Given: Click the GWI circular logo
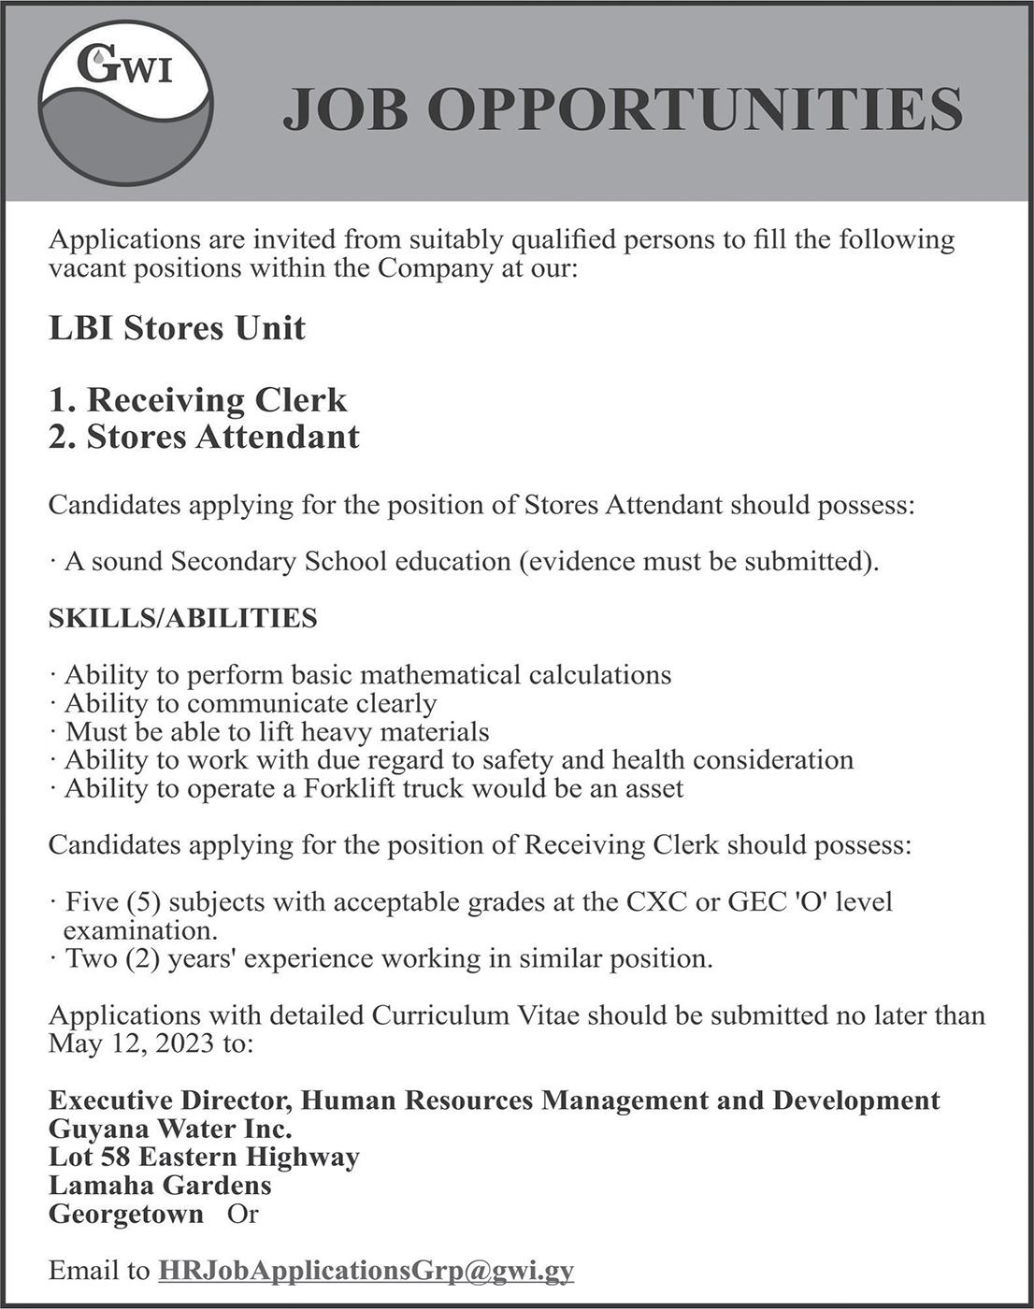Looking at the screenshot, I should point(125,103).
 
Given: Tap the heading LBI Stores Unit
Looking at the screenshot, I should point(177,328).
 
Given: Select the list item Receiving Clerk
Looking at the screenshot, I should point(197,400).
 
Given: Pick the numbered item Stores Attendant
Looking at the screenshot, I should point(204,437).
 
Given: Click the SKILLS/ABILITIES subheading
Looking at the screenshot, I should point(182,618).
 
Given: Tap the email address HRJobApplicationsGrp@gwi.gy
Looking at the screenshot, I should point(366,1271).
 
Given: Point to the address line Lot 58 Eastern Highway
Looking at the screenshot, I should point(204,1157).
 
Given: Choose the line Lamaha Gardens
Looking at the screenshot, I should point(160,1186).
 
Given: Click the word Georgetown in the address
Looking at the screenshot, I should point(126,1214).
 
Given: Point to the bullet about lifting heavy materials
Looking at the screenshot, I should point(277,731).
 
